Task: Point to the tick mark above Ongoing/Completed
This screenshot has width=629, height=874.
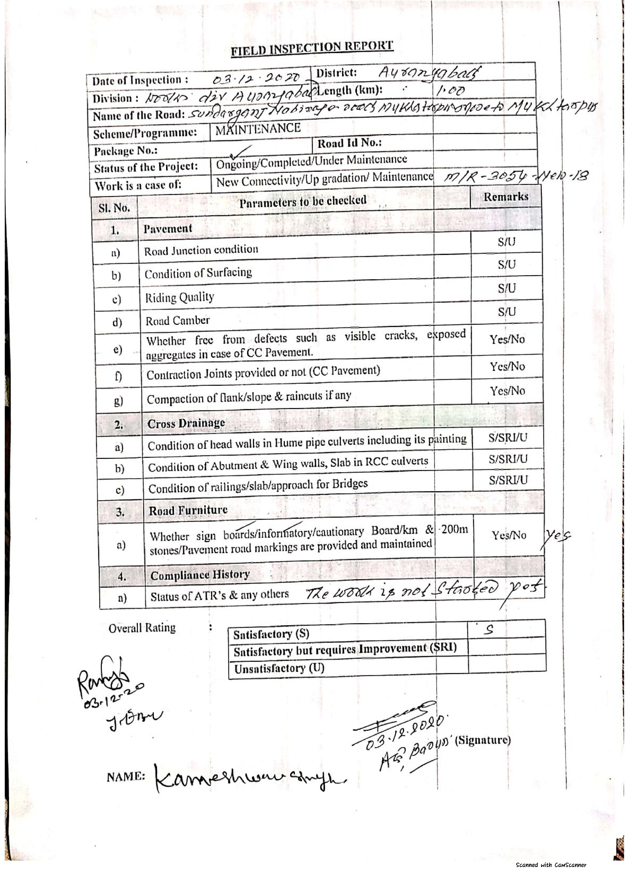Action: (240, 152)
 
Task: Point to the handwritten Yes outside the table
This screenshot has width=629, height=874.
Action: (557, 535)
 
